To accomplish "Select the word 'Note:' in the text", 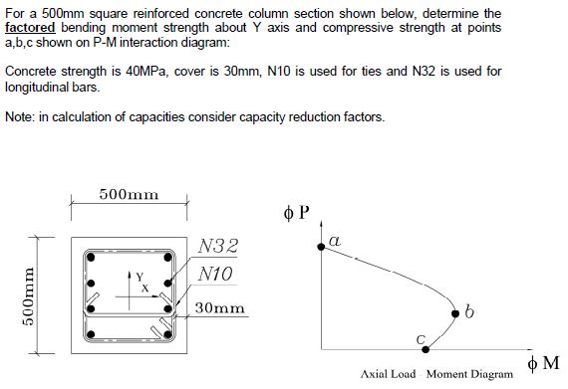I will coord(21,117).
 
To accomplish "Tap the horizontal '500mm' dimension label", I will coord(130,195).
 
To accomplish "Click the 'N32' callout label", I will coord(217,246).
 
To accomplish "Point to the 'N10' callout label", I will coord(216,272).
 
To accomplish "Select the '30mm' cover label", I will coord(220,308).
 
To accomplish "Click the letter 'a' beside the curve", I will coord(334,241).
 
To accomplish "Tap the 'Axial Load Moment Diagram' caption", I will coord(437,375).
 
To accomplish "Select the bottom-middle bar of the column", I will coord(130,333).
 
